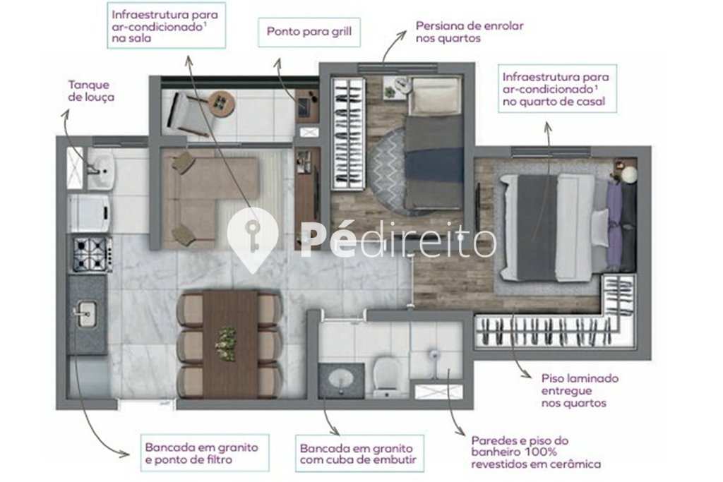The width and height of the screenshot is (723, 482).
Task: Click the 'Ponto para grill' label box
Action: [x=309, y=32]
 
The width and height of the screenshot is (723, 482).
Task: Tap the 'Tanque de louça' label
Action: [x=91, y=91]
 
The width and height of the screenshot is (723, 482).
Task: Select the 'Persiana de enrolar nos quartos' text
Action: [x=470, y=32]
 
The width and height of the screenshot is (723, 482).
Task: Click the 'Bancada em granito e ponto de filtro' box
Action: [x=204, y=453]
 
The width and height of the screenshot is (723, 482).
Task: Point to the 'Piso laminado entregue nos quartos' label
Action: [x=580, y=391]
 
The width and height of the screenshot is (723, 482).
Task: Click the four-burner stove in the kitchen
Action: [x=92, y=254]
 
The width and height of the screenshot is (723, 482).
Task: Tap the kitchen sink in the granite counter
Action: [x=85, y=315]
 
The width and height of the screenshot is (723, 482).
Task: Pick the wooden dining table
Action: [x=230, y=344]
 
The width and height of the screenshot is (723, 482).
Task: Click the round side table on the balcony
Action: [x=221, y=104]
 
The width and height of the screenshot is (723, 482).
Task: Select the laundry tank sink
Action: [x=101, y=171]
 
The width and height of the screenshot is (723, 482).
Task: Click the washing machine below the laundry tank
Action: [x=90, y=213]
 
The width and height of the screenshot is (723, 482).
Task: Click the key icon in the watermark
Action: [x=252, y=236]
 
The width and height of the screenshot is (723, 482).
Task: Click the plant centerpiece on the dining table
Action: [x=226, y=343]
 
